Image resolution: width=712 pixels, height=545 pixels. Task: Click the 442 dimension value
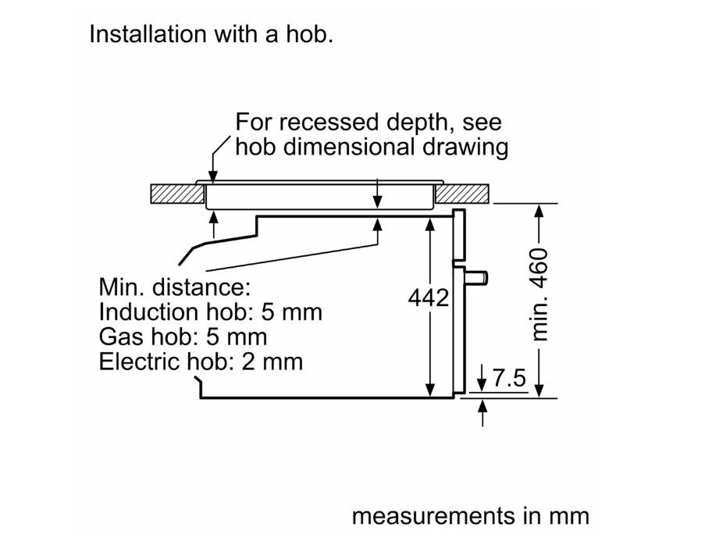point(429,298)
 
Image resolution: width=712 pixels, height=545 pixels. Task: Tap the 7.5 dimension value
point(509,379)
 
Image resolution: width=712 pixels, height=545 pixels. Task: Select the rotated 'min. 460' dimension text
point(540,295)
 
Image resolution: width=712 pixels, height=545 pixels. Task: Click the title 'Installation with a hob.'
point(211,34)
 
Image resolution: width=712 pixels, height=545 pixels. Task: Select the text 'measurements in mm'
point(471,516)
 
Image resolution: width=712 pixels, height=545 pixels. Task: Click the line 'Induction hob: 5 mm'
point(210,312)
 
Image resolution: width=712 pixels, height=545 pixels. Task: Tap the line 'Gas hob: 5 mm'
point(183,337)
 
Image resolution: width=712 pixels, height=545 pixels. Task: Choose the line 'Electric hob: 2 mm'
point(201,362)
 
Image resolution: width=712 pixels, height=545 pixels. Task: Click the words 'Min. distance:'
point(174,287)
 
